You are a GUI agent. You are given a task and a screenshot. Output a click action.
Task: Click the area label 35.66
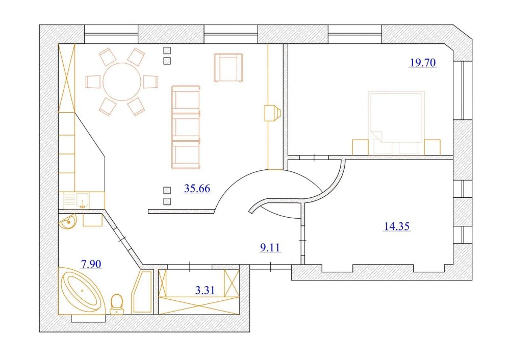coord(197,189)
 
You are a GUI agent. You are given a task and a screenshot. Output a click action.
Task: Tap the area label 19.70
coord(422,63)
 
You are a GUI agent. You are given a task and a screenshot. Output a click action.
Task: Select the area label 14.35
coord(397,226)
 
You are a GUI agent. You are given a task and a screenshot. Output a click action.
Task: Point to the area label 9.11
coord(270,248)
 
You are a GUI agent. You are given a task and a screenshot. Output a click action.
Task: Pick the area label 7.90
coord(91,264)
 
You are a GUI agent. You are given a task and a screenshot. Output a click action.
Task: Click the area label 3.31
coord(205,290)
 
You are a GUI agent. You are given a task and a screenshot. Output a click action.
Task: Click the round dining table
coord(122,82)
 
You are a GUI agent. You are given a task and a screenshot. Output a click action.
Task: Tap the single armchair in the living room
coord(228,68)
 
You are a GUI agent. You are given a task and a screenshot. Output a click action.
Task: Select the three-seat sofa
coord(186,127)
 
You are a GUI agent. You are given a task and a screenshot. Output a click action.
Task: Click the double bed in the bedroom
coord(396,122)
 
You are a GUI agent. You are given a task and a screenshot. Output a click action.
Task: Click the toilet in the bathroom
coord(117,304)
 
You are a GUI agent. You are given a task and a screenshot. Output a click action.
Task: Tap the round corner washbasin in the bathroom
coord(68,222)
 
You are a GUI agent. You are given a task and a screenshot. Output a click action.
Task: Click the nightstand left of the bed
coord(361,147)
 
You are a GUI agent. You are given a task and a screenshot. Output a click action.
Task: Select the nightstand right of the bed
coord(432,147)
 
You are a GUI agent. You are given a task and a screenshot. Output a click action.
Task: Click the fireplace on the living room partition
coord(272,113)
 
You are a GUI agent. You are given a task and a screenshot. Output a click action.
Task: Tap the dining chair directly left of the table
coord(93,82)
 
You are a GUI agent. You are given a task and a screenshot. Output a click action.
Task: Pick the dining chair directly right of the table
coord(150,82)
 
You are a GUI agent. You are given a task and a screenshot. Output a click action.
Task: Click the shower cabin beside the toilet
coord(142,292)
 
